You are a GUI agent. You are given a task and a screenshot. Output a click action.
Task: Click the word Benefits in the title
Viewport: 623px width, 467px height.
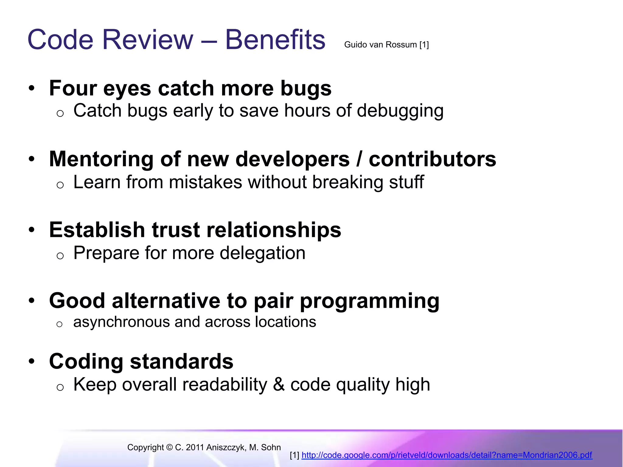coord(275,40)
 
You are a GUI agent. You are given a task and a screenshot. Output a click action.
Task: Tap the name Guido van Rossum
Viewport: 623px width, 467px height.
coord(380,45)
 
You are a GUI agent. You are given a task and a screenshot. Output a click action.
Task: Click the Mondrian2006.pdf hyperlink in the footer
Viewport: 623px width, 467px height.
coord(447,455)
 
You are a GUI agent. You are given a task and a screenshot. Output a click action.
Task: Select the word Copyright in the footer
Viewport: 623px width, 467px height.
coord(145,448)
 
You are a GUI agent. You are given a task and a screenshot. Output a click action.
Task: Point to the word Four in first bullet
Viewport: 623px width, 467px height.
coord(72,88)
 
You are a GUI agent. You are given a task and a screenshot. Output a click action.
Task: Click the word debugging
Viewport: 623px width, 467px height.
coord(400,111)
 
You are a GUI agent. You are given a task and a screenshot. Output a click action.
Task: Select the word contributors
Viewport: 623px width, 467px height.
coord(432,159)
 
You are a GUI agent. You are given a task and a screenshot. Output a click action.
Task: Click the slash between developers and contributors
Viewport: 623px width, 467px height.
coord(359,159)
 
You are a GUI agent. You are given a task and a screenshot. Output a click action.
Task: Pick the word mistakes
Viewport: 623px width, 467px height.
coord(205,182)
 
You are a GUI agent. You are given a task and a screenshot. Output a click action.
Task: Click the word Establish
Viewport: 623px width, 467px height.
coord(97,230)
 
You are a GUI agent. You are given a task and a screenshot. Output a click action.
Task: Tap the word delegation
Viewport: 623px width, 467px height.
coord(262,253)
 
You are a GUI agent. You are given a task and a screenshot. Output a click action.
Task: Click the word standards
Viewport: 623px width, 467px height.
coord(182,361)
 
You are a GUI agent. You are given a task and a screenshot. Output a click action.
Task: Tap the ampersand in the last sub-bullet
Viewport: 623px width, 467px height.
coord(279,385)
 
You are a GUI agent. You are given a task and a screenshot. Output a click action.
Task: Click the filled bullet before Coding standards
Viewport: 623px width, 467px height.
coord(32,362)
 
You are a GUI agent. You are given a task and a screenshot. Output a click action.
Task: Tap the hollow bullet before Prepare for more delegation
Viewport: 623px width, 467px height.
coord(60,256)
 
